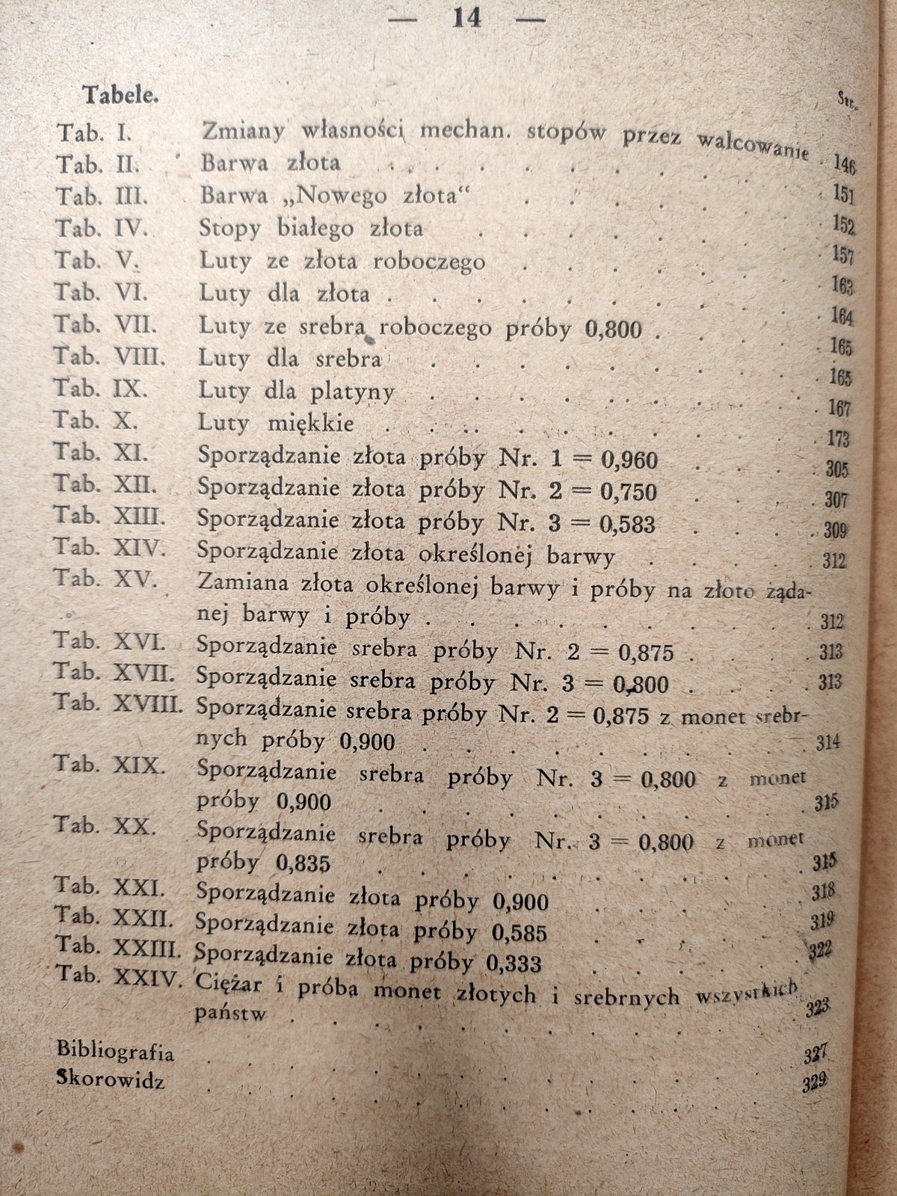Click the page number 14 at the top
pyautogui.click(x=468, y=18)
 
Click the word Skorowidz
pyautogui.click(x=110, y=1082)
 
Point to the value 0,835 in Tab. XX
pyautogui.click(x=303, y=864)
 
